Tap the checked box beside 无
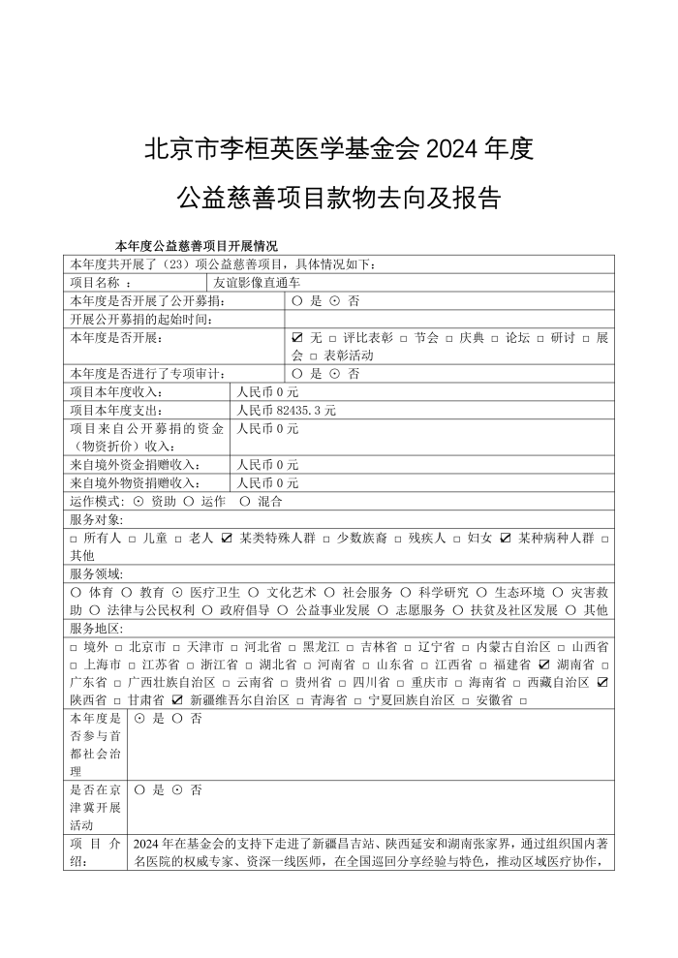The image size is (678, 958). pyautogui.click(x=297, y=338)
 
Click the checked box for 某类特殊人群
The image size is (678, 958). pyautogui.click(x=227, y=538)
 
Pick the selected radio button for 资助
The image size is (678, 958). pyautogui.click(x=139, y=501)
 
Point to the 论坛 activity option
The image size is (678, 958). pyautogui.click(x=519, y=338)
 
